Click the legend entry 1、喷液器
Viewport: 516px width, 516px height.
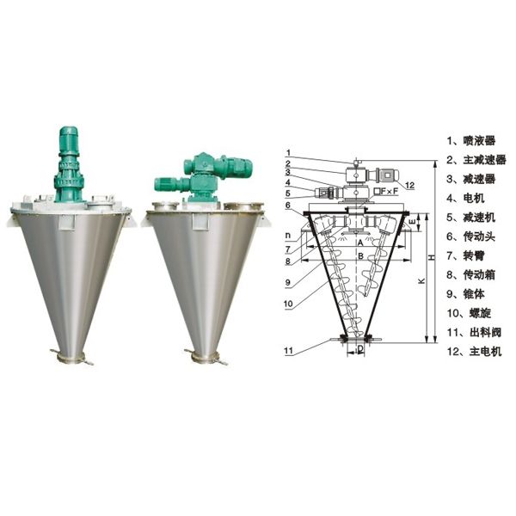click(x=471, y=141)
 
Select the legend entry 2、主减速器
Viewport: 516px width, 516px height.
click(x=476, y=160)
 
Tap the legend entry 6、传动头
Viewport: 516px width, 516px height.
click(x=471, y=236)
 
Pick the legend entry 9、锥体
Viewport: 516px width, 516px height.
click(x=465, y=294)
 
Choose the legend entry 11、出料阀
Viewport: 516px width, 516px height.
click(x=474, y=332)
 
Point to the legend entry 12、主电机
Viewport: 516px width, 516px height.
click(x=474, y=352)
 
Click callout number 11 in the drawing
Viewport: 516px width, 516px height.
click(x=288, y=351)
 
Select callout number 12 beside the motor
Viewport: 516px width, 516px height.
click(x=410, y=185)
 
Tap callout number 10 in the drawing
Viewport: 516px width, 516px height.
click(x=288, y=304)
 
